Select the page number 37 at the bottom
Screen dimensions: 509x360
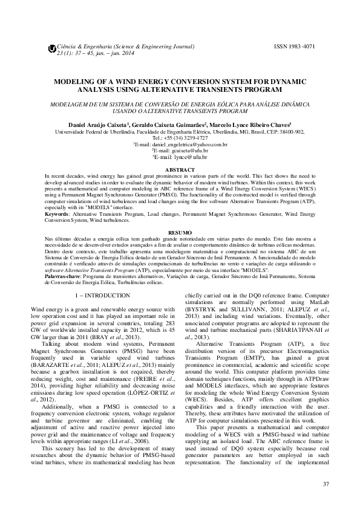point(326,484)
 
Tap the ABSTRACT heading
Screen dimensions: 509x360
point(180,170)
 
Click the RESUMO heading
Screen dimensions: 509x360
point(180,232)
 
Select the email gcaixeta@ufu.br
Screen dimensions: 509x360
point(182,151)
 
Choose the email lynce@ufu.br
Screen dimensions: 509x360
point(182,157)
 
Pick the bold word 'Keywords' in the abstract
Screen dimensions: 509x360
point(57,214)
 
